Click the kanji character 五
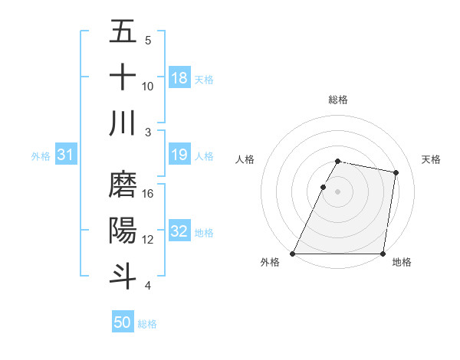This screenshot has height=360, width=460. tap(123, 33)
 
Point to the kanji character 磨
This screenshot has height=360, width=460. tap(123, 185)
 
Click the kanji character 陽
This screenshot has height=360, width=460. tap(123, 231)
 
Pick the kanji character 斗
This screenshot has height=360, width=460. tap(123, 276)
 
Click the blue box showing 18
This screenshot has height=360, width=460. tap(179, 78)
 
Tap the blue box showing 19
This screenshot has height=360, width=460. tap(179, 155)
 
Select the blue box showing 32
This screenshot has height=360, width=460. tap(179, 232)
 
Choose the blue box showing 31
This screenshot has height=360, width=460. tap(65, 155)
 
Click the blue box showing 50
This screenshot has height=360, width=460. tap(123, 322)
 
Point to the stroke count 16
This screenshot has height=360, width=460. tap(148, 193)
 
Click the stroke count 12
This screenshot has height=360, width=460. tap(148, 239)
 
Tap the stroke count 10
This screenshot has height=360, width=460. tap(148, 86)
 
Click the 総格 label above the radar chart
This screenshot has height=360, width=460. tap(338, 100)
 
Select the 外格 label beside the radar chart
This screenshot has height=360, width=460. tap(270, 263)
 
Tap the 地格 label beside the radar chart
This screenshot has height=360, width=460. tap(402, 263)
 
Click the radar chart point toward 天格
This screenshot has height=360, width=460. tap(396, 173)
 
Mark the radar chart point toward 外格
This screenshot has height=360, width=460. tap(293, 254)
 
